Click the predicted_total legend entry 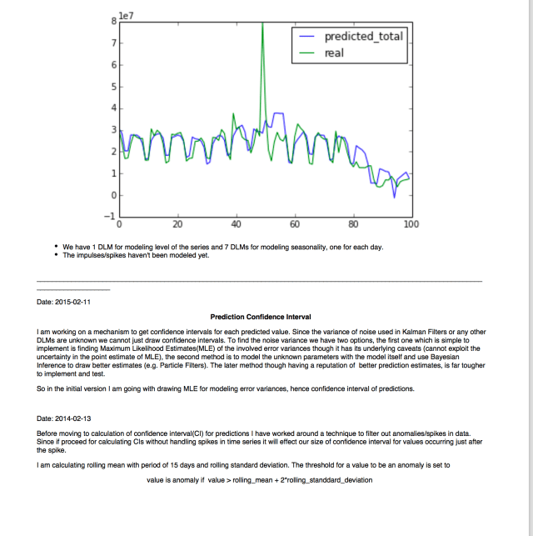[363, 37]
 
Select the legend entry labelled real [334, 53]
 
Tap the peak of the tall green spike [263, 23]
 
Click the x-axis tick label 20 [177, 224]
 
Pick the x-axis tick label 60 [294, 224]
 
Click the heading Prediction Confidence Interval [261, 317]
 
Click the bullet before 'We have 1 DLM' [55, 248]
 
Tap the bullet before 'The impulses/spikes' [55, 256]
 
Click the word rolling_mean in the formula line [237, 481]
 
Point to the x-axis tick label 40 [236, 224]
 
